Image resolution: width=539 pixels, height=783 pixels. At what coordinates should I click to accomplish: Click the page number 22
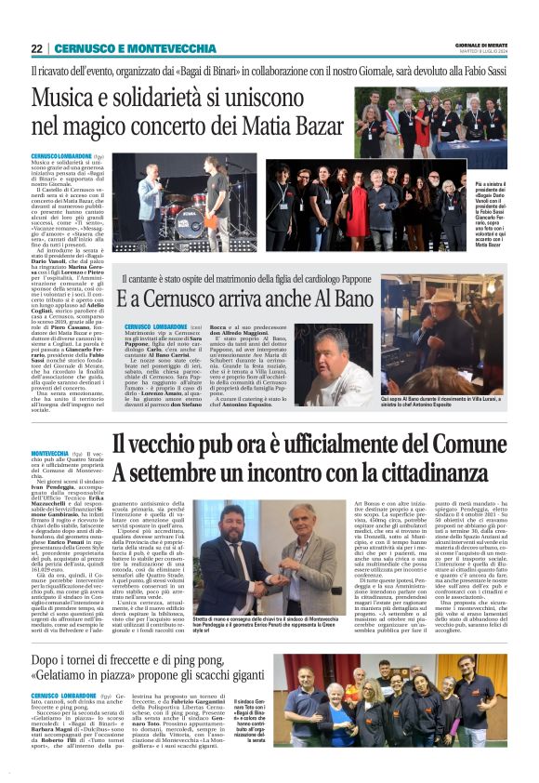pyautogui.click(x=36, y=48)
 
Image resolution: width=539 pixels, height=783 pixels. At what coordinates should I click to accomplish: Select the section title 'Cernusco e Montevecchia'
pyautogui.click(x=135, y=48)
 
